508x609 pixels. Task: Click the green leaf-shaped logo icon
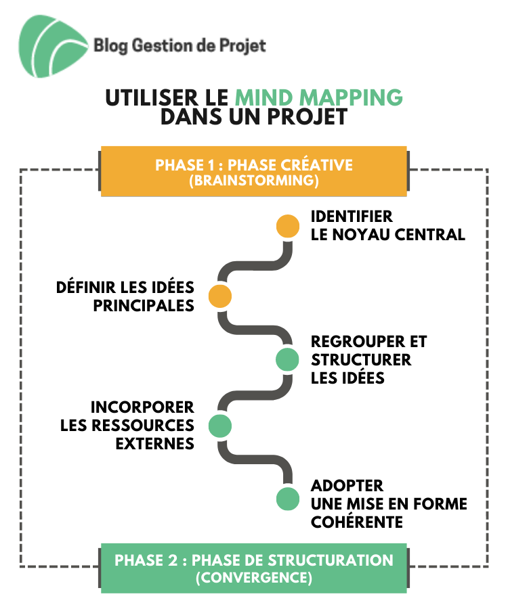coord(52,46)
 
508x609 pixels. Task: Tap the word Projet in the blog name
coord(242,46)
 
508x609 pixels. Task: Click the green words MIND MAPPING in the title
coord(319,97)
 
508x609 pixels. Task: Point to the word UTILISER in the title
coord(152,97)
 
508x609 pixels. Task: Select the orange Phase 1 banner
coord(254,171)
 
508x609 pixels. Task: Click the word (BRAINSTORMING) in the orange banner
coord(254,181)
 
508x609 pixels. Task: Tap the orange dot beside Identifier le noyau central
coord(288,226)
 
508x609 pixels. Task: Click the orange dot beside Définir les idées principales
coord(220,296)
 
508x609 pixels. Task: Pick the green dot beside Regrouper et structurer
coord(287,359)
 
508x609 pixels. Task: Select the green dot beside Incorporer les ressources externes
coord(220,426)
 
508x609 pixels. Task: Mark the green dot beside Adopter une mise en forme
coord(288,499)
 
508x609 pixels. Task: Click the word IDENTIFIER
coord(352,217)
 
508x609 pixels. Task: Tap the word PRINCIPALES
coord(144,306)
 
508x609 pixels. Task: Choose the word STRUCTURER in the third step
coord(361,360)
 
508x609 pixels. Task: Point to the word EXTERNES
coord(155,443)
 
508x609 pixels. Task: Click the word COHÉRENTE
coord(357,522)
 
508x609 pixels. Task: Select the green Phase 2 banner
coord(254,568)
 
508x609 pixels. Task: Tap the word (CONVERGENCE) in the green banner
coord(254,578)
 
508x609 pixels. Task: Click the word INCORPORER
coord(142,407)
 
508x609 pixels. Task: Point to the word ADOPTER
coord(347,486)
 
